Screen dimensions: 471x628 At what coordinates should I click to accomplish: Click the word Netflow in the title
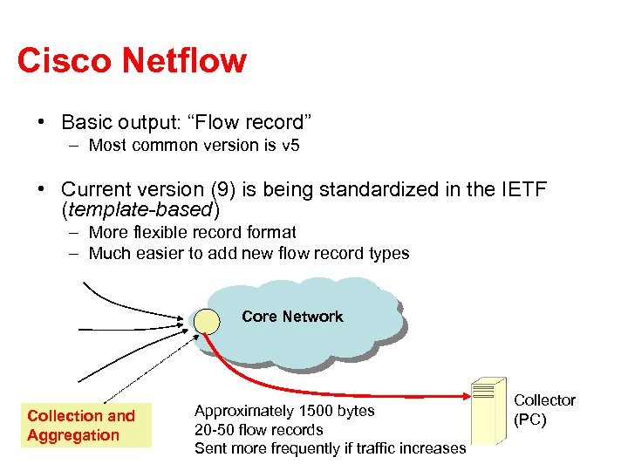pyautogui.click(x=184, y=61)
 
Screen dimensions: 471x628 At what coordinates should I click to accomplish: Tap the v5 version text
pyautogui.click(x=290, y=146)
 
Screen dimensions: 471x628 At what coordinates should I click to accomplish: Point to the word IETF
pyautogui.click(x=519, y=189)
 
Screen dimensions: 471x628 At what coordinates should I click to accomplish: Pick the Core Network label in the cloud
pyautogui.click(x=292, y=317)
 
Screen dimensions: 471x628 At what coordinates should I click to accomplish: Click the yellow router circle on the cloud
pyautogui.click(x=208, y=321)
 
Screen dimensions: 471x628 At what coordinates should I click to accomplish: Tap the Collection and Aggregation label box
pyautogui.click(x=85, y=426)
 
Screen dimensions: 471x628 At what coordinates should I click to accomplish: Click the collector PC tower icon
pyautogui.click(x=488, y=413)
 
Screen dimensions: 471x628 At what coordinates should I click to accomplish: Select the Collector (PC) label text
pyautogui.click(x=544, y=410)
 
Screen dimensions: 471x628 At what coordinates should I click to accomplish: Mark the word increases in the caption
pyautogui.click(x=431, y=448)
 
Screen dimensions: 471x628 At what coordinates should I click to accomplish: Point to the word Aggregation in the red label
pyautogui.click(x=73, y=435)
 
